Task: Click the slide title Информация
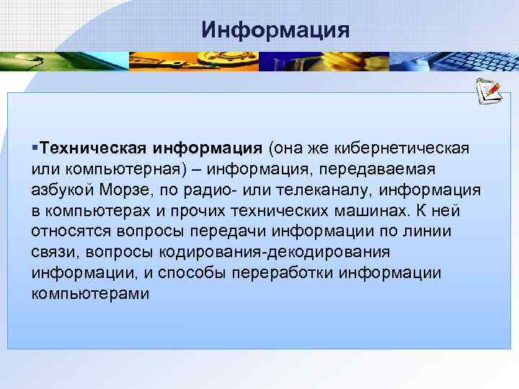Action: click(276, 30)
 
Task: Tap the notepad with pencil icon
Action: click(488, 92)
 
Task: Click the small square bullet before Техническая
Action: click(35, 148)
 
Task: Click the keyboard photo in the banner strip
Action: click(454, 60)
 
